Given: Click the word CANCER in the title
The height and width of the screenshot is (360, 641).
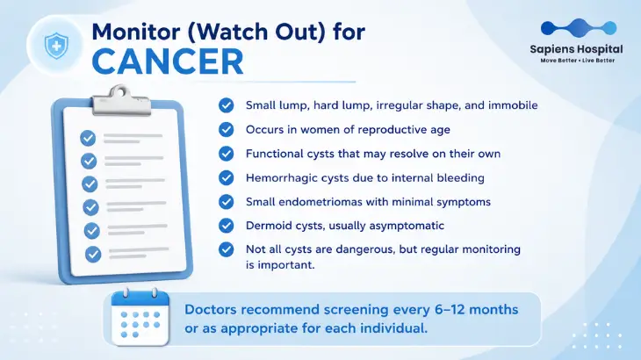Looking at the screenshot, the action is tap(168, 61).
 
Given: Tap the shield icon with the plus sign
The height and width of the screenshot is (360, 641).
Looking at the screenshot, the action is tap(56, 46).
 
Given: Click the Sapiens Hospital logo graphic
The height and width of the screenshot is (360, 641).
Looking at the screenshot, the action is tap(579, 28).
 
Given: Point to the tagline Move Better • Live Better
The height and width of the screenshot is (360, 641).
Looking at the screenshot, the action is tap(577, 61).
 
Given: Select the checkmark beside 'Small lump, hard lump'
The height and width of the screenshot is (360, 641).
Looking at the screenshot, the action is tap(226, 105).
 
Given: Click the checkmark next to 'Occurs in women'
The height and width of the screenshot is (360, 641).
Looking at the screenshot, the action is tap(226, 130).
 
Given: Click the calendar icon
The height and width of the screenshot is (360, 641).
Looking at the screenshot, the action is tap(140, 317).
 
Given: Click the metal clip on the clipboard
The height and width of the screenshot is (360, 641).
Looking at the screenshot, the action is tap(121, 100).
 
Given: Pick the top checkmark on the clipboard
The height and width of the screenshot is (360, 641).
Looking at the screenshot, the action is tap(88, 138).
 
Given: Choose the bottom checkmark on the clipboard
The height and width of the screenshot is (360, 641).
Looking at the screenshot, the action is tap(93, 254).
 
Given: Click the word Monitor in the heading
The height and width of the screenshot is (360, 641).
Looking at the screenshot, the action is tap(136, 32).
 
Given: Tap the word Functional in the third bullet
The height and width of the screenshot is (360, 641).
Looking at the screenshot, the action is tap(273, 154).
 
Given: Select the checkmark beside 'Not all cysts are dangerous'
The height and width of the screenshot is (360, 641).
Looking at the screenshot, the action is tap(226, 249).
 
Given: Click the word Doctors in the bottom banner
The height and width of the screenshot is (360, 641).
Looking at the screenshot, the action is tap(210, 309).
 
